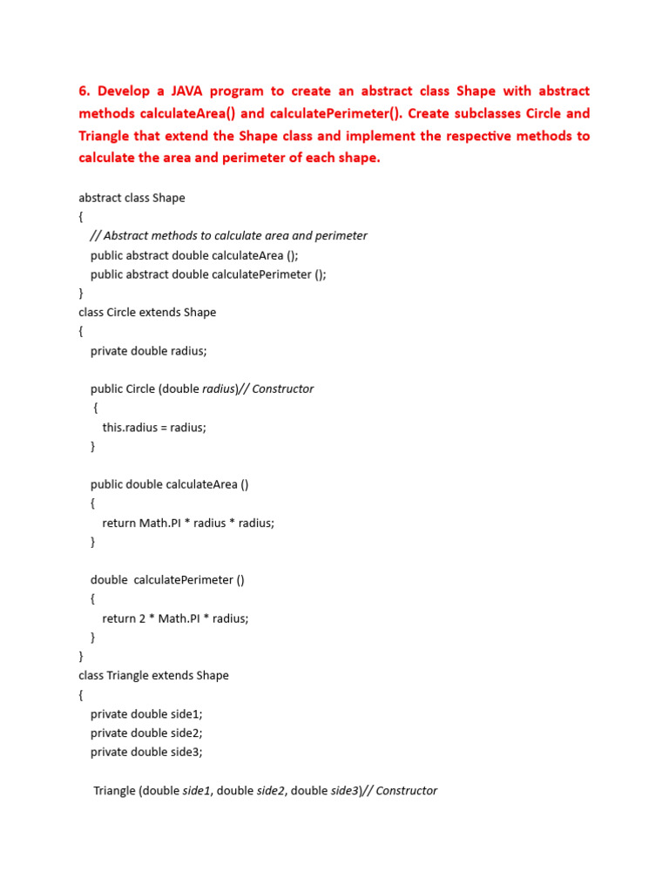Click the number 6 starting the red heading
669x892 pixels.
pyautogui.click(x=84, y=91)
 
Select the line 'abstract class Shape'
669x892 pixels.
pyautogui.click(x=132, y=198)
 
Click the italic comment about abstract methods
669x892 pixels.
pyautogui.click(x=228, y=235)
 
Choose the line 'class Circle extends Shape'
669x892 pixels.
pyautogui.click(x=147, y=312)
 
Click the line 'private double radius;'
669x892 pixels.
pyautogui.click(x=149, y=350)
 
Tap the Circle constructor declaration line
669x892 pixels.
pyautogui.click(x=201, y=389)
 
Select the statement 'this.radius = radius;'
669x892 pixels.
pyautogui.click(x=154, y=427)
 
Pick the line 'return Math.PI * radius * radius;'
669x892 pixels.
pyautogui.click(x=188, y=523)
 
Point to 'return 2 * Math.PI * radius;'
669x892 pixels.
pyautogui.click(x=175, y=618)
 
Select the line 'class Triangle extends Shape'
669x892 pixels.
pyautogui.click(x=153, y=675)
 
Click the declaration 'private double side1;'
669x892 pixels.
pyautogui.click(x=146, y=713)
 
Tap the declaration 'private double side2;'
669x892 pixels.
pyautogui.click(x=146, y=733)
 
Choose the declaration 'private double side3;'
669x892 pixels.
pyautogui.click(x=146, y=752)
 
